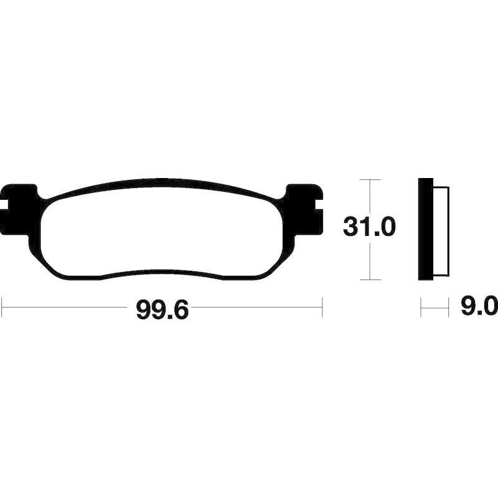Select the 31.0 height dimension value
pyautogui.click(x=369, y=227)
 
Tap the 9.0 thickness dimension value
pyautogui.click(x=479, y=307)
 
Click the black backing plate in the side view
pyautogui.click(x=426, y=229)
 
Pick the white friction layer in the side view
pyautogui.click(x=441, y=230)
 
